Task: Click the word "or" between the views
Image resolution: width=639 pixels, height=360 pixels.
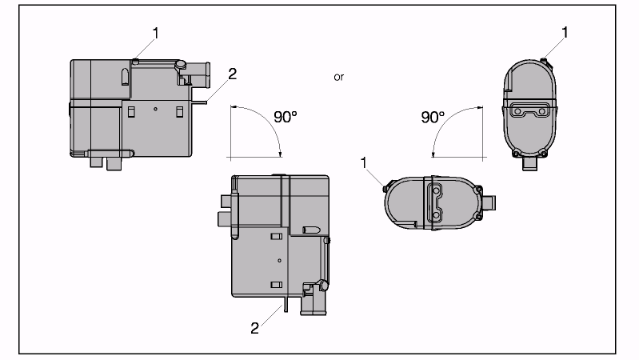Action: [338, 77]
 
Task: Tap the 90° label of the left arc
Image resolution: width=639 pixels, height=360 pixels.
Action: [286, 117]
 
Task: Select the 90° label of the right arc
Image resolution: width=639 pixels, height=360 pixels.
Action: [433, 118]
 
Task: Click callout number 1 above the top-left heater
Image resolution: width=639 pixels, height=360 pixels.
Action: [156, 33]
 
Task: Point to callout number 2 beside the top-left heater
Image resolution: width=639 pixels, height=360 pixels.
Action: [232, 74]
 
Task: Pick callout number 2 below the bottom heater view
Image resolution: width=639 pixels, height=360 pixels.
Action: [254, 328]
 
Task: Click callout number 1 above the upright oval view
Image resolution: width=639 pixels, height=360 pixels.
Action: [565, 32]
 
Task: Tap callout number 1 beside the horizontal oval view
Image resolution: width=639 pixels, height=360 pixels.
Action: [364, 163]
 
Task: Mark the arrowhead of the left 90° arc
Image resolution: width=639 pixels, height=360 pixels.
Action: [280, 154]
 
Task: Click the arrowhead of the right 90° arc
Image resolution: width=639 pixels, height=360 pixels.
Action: [433, 154]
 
